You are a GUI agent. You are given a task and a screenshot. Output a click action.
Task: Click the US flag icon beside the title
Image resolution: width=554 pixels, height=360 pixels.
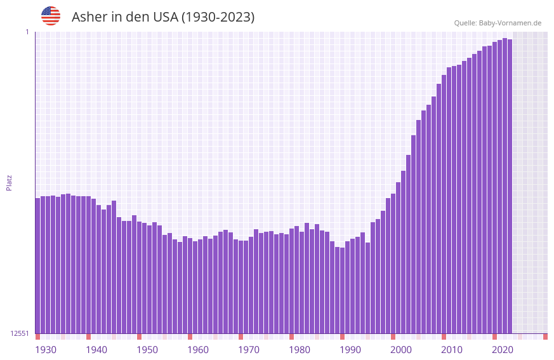pyautogui.click(x=51, y=16)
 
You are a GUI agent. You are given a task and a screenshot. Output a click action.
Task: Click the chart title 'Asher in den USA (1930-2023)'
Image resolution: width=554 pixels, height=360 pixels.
pyautogui.click(x=163, y=17)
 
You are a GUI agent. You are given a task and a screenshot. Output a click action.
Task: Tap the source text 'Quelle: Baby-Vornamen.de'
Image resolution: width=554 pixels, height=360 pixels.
pyautogui.click(x=498, y=23)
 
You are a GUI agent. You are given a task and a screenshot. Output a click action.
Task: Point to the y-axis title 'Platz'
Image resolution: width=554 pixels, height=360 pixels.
pyautogui.click(x=9, y=182)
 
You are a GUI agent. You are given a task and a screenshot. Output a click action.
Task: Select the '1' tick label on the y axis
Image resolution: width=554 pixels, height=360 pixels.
pyautogui.click(x=27, y=32)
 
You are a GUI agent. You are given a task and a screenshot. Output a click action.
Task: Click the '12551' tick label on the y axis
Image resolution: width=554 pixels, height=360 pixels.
pyautogui.click(x=20, y=333)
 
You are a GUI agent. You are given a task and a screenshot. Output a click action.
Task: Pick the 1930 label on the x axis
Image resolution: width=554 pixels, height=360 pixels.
pyautogui.click(x=46, y=350)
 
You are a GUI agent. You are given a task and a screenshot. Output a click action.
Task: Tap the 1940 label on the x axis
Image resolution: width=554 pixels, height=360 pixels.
pyautogui.click(x=96, y=350)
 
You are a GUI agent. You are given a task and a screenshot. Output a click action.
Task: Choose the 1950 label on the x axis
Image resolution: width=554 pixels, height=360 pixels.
pyautogui.click(x=147, y=350)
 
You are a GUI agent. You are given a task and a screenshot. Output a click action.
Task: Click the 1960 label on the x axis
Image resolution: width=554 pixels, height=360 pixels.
pyautogui.click(x=198, y=350)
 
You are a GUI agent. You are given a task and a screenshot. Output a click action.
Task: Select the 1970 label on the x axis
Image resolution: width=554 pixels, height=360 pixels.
pyautogui.click(x=249, y=350)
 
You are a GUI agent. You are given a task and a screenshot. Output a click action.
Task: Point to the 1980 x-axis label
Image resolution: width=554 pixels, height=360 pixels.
pyautogui.click(x=300, y=350)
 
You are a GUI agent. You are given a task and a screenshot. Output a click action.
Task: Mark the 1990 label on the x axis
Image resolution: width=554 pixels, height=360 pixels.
pyautogui.click(x=350, y=350)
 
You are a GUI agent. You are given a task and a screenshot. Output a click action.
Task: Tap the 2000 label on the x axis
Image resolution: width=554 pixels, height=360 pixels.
pyautogui.click(x=401, y=350)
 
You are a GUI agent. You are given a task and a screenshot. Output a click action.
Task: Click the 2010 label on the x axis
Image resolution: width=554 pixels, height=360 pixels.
pyautogui.click(x=452, y=350)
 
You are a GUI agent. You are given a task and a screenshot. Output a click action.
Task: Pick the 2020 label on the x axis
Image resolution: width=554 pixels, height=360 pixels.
pyautogui.click(x=503, y=350)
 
